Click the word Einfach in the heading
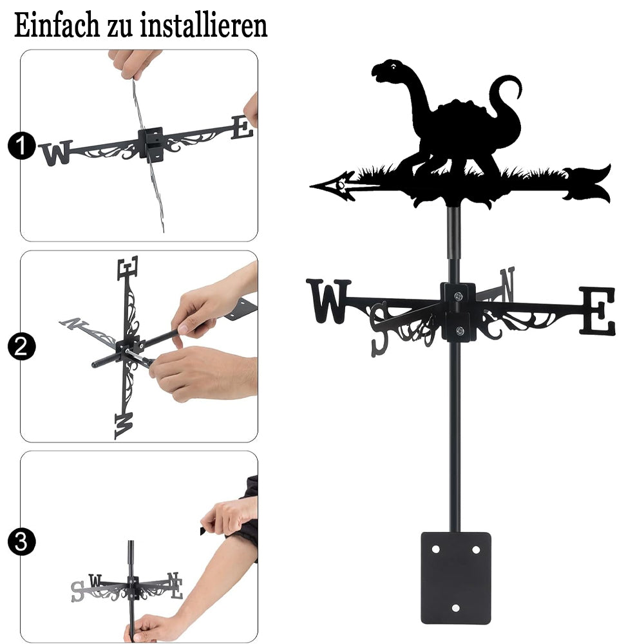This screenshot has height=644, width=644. tap(57, 25)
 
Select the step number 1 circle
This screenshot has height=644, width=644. tap(21, 146)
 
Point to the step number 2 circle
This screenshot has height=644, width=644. tap(21, 346)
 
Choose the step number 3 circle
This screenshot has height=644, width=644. tap(21, 542)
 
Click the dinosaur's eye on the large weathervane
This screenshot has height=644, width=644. tap(394, 66)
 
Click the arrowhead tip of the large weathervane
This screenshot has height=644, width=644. tap(311, 187)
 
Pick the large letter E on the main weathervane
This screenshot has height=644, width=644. tap(598, 310)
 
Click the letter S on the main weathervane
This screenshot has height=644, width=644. tap(379, 329)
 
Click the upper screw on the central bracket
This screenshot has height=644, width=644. tap(459, 296)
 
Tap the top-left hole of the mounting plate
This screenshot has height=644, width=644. tap(435, 549)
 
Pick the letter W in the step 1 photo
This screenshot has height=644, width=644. tap(56, 153)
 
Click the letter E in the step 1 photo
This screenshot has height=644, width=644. tap(242, 128)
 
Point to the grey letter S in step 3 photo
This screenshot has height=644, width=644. tap(77, 592)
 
